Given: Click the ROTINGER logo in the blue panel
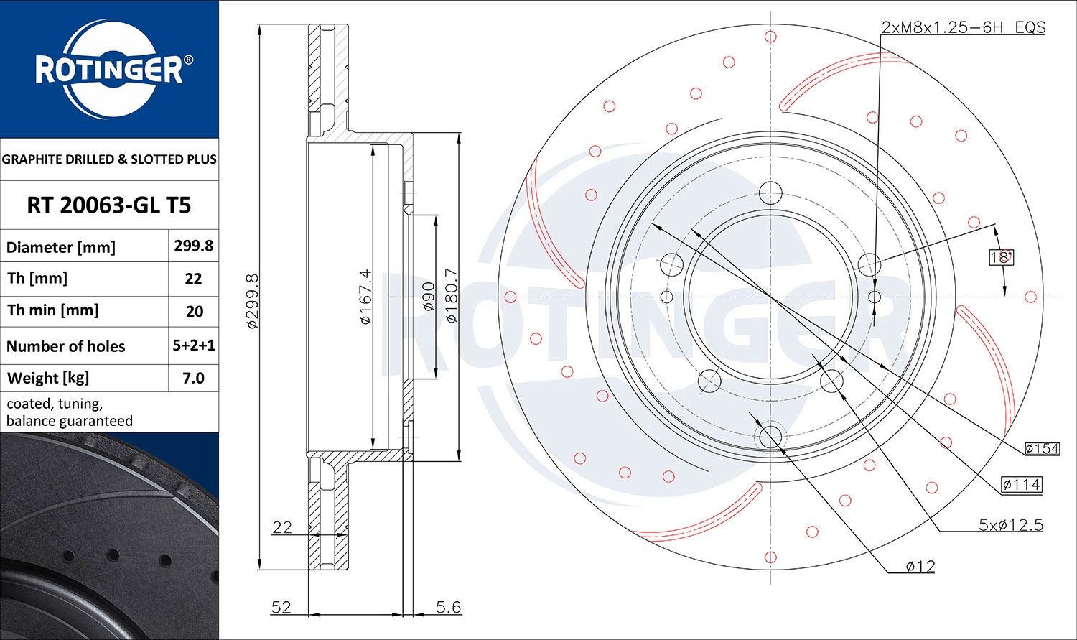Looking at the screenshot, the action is pyautogui.click(x=110, y=69).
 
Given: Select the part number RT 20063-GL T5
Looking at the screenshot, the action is pyautogui.click(x=109, y=205).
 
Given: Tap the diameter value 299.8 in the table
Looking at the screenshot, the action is pyautogui.click(x=194, y=246).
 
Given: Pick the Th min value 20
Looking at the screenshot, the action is pyautogui.click(x=195, y=311).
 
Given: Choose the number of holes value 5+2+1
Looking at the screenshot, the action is pyautogui.click(x=194, y=345).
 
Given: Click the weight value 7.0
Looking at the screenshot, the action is pyautogui.click(x=193, y=378).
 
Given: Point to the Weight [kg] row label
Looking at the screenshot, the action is pyautogui.click(x=48, y=379).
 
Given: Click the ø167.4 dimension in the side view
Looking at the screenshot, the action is pyautogui.click(x=365, y=297).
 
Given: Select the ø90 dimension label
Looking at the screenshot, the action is pyautogui.click(x=427, y=296).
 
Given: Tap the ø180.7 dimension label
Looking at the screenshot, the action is pyautogui.click(x=451, y=295).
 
